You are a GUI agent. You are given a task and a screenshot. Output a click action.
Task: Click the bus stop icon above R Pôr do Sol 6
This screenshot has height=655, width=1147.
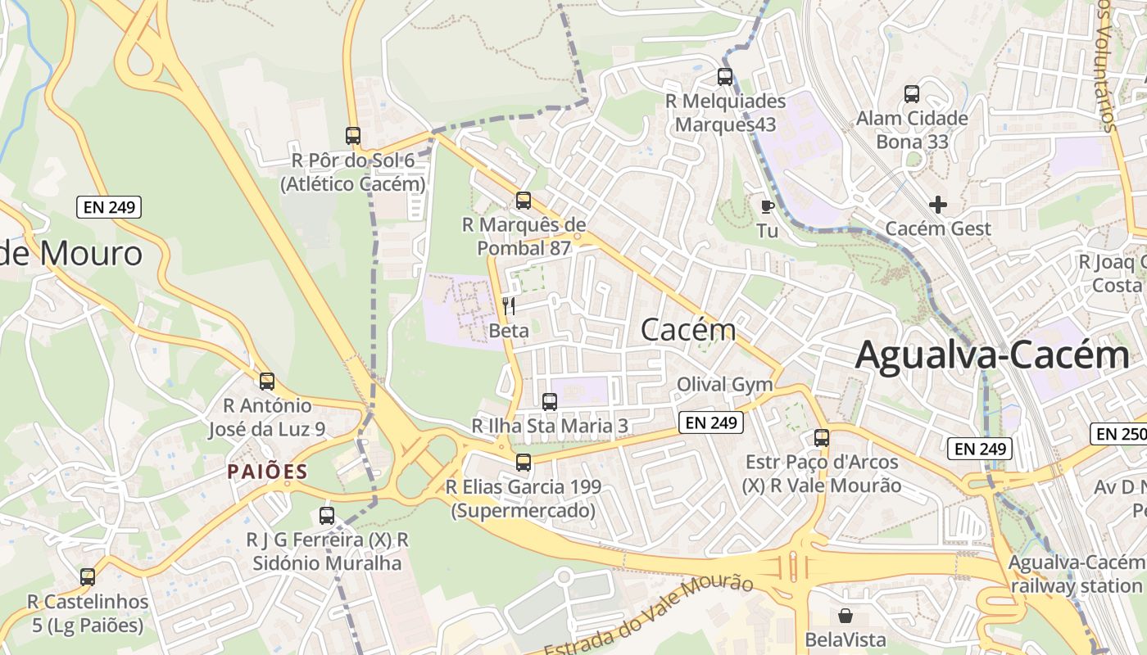353,136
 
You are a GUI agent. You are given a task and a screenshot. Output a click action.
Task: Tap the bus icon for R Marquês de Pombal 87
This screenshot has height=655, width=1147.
524,201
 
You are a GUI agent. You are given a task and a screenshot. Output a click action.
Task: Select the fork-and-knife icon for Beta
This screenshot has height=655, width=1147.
509,307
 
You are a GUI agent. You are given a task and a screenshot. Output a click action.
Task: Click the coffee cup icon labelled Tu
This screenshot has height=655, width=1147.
768,206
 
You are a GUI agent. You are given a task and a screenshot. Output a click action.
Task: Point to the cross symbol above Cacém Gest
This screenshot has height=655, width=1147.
938,205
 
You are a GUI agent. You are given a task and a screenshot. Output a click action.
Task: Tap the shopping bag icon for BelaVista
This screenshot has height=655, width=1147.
846,615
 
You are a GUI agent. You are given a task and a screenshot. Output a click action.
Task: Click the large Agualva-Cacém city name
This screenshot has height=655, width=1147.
992,356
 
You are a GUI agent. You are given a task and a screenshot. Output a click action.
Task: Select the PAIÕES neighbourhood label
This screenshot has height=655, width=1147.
267,472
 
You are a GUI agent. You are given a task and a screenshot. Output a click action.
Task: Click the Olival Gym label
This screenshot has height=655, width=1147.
724,385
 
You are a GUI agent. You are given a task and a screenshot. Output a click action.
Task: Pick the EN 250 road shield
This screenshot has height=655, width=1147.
1119,434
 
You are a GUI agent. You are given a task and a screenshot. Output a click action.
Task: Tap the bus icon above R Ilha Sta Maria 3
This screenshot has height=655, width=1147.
550,402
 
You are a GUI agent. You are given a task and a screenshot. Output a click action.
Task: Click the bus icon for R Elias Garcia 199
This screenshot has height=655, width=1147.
524,463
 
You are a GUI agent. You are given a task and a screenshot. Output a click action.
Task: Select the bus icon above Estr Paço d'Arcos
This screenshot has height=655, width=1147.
822,438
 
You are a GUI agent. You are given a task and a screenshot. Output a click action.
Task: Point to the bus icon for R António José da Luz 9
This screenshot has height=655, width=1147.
267,381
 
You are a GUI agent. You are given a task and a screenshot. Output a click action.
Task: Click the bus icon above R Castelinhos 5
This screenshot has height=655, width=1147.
88,577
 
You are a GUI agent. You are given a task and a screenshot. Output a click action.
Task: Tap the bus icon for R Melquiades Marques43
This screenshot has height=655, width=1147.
725,77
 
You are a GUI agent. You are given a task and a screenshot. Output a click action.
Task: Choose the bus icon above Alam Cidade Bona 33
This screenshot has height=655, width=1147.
912,94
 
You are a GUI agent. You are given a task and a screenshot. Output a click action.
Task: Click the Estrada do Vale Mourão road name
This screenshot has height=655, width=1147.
648,613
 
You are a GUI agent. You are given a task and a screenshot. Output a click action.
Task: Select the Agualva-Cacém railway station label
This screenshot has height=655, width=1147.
1076,574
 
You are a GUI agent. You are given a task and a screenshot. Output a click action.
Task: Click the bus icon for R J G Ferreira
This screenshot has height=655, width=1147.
327,516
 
